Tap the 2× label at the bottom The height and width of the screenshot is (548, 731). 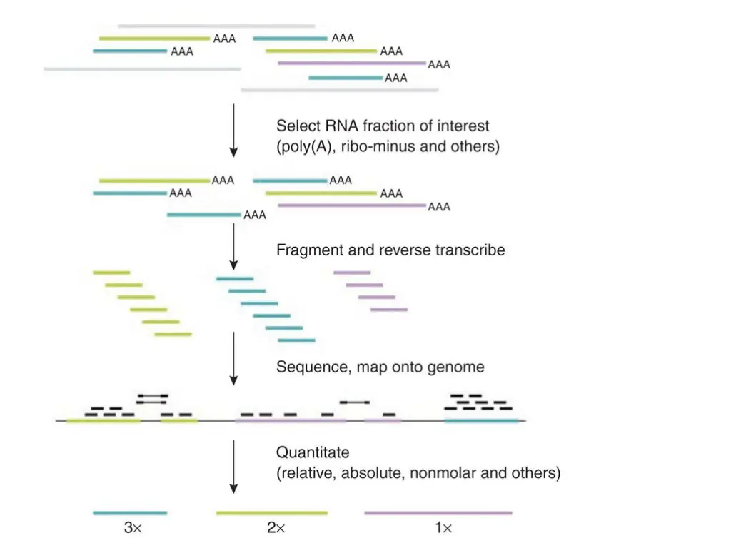point(275,529)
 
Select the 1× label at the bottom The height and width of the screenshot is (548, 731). point(443,529)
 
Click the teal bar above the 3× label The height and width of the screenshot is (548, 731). point(130,512)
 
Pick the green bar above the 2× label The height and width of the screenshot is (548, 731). point(271,512)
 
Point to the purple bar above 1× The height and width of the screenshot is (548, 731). point(438,512)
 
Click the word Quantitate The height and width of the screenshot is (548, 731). point(313,452)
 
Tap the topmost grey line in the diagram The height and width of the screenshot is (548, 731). point(216,26)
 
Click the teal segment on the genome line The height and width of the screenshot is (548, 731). point(481,421)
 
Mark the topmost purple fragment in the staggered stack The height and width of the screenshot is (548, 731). point(352,272)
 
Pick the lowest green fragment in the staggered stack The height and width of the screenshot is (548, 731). point(173,334)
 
